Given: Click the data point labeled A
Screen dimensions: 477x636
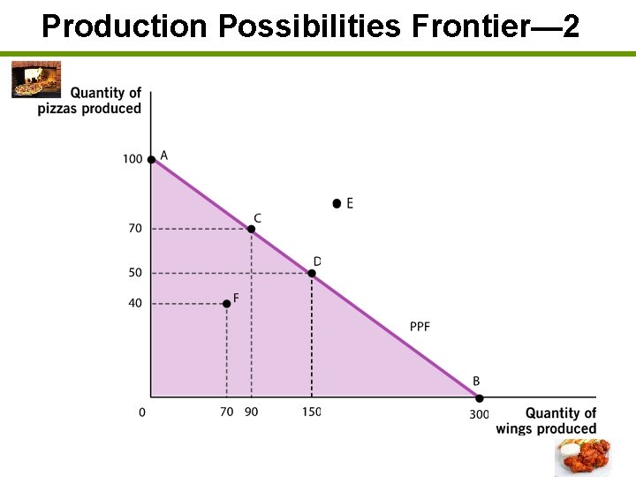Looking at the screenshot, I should tap(151, 159).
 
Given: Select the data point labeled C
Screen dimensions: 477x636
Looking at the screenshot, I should tap(251, 229).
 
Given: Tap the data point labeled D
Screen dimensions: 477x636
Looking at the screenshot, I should tap(312, 273).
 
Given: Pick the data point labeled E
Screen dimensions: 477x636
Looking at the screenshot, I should tap(337, 203).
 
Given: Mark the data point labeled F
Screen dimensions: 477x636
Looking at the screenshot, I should tap(226, 303).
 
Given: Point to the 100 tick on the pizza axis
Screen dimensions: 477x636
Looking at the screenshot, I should tap(132, 160).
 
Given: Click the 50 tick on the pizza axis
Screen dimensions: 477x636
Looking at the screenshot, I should tap(135, 273).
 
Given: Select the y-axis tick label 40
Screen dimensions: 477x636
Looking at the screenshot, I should tap(135, 303).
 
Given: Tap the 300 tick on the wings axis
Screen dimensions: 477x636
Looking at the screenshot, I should tap(479, 413).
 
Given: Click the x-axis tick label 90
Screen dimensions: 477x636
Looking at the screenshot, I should tap(252, 413).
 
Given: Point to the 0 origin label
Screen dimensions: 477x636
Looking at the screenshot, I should tap(142, 413).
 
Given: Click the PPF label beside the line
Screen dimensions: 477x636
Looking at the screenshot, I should tap(420, 327).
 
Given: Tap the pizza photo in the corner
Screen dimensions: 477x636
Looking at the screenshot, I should tap(36, 79).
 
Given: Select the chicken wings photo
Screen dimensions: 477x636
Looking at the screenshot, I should tap(582, 457).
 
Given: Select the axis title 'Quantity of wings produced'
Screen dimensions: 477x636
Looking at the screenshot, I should tap(548, 420).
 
